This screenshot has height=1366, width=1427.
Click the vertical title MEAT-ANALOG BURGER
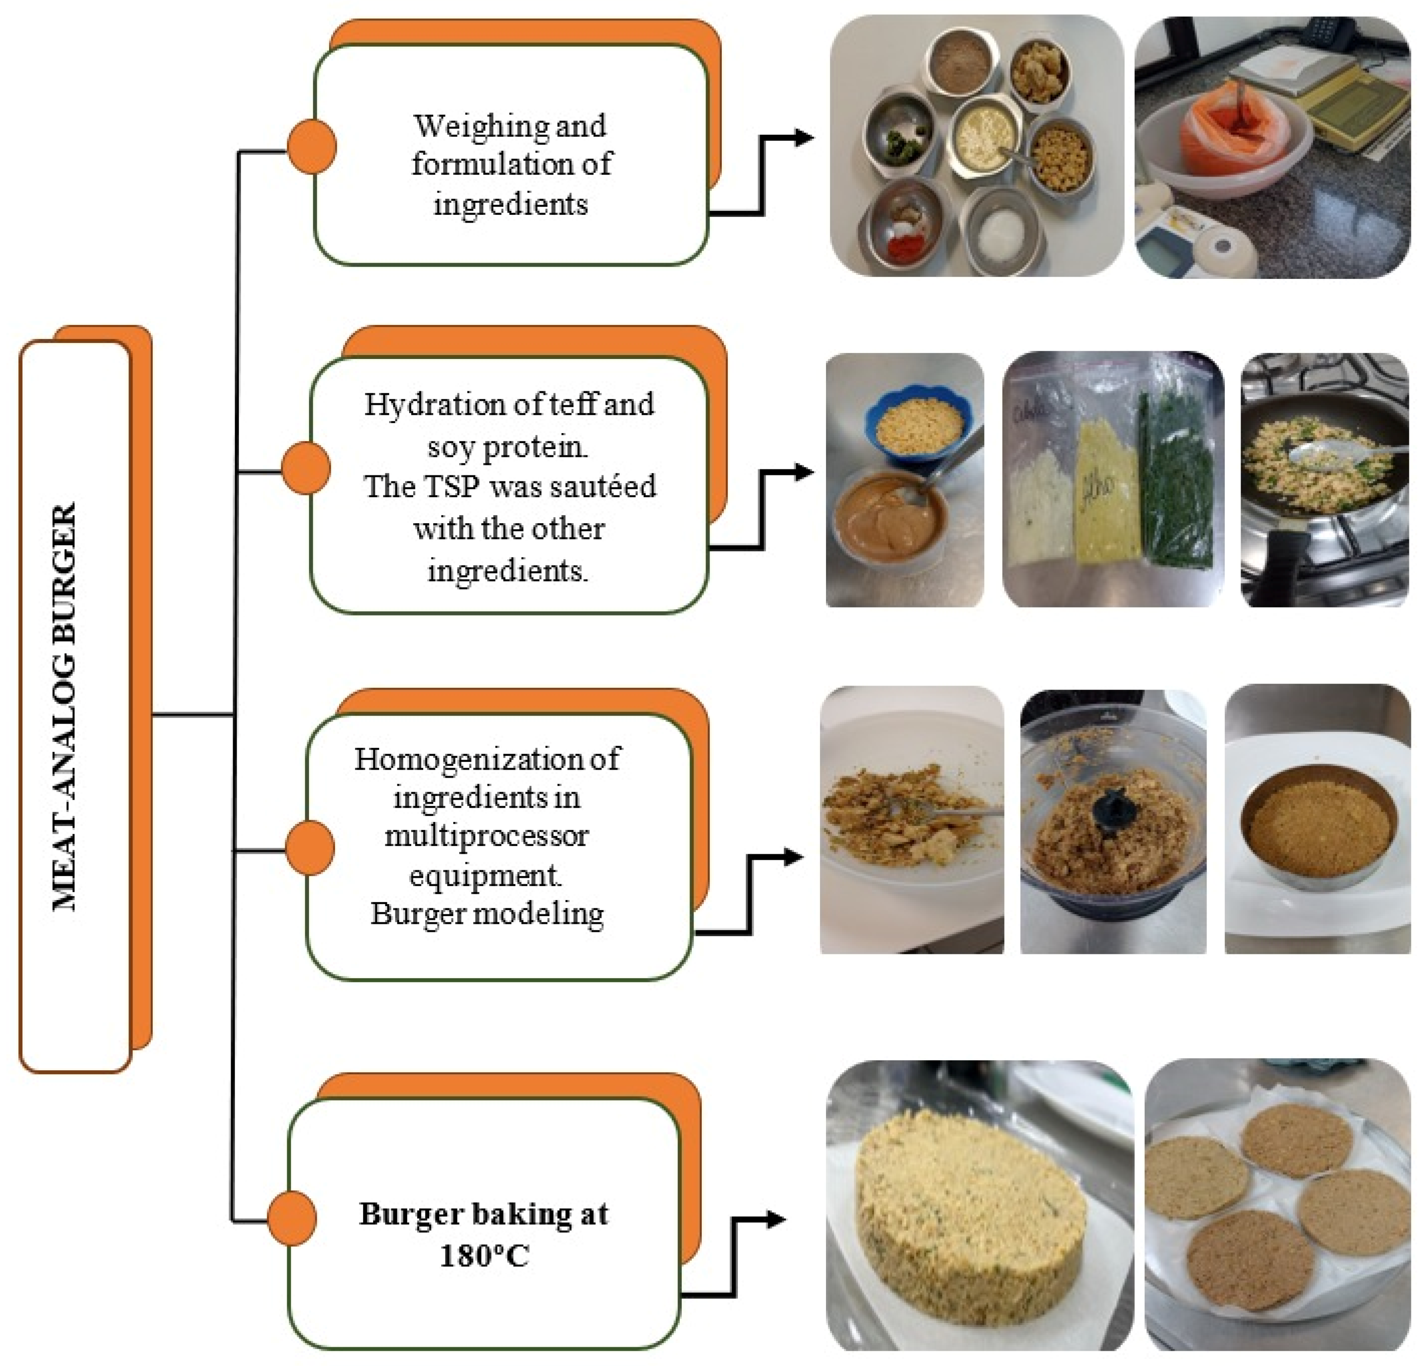point(66,706)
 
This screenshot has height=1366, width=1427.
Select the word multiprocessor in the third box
point(486,835)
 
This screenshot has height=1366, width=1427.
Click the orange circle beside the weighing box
point(311,146)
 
